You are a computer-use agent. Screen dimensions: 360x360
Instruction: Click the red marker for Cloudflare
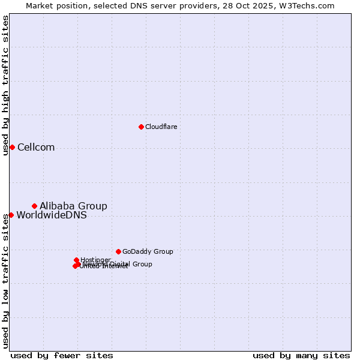pos(141,127)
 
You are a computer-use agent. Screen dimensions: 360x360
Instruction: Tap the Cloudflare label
pos(161,127)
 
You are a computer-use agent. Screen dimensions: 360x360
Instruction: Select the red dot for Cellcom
pos(12,148)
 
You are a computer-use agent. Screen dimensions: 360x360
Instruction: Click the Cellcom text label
pos(36,148)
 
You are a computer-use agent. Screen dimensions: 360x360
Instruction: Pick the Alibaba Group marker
pos(34,206)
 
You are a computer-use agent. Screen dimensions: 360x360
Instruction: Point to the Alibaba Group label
pos(73,206)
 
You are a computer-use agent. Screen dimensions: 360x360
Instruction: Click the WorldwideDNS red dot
pos(11,215)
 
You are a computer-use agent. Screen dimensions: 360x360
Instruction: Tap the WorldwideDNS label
pos(52,215)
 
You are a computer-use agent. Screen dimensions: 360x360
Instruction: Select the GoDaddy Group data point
pos(118,251)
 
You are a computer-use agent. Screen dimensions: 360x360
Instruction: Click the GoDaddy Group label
pos(148,252)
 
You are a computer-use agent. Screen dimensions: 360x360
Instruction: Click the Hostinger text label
pos(95,260)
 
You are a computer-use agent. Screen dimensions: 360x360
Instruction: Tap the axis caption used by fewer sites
pos(62,355)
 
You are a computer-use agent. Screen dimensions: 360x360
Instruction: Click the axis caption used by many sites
pos(301,355)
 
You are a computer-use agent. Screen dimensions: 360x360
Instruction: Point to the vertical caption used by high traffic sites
pos(5,86)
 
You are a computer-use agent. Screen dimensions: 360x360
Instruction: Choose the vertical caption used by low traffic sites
pos(5,282)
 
